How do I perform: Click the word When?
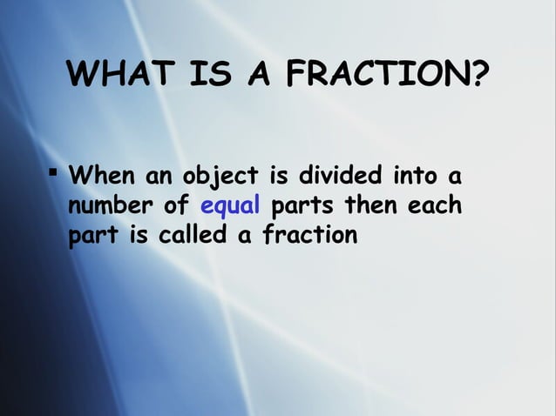point(101,178)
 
